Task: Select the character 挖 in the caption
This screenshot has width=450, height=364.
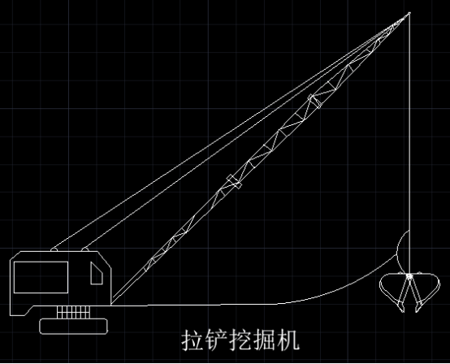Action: click(x=240, y=340)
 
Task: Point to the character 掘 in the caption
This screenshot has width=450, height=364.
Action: click(x=265, y=340)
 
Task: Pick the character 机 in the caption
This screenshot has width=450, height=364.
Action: click(x=288, y=340)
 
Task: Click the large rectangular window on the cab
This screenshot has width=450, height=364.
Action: click(x=41, y=277)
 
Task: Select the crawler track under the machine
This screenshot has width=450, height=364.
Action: click(x=74, y=327)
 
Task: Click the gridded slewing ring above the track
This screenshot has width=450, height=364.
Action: click(x=73, y=312)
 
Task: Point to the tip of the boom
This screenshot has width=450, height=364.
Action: click(x=409, y=13)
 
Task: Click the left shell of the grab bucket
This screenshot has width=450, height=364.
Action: click(x=392, y=292)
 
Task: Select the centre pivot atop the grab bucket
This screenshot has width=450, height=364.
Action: click(x=409, y=276)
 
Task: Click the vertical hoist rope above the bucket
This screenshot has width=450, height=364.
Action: click(x=409, y=143)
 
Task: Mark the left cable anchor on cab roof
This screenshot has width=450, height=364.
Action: click(x=54, y=249)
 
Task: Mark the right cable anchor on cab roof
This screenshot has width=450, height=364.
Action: click(x=85, y=249)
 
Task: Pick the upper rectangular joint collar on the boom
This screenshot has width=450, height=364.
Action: click(x=315, y=102)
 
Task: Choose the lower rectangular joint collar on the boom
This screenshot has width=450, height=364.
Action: click(x=234, y=181)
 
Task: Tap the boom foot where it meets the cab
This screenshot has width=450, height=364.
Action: click(x=112, y=303)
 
